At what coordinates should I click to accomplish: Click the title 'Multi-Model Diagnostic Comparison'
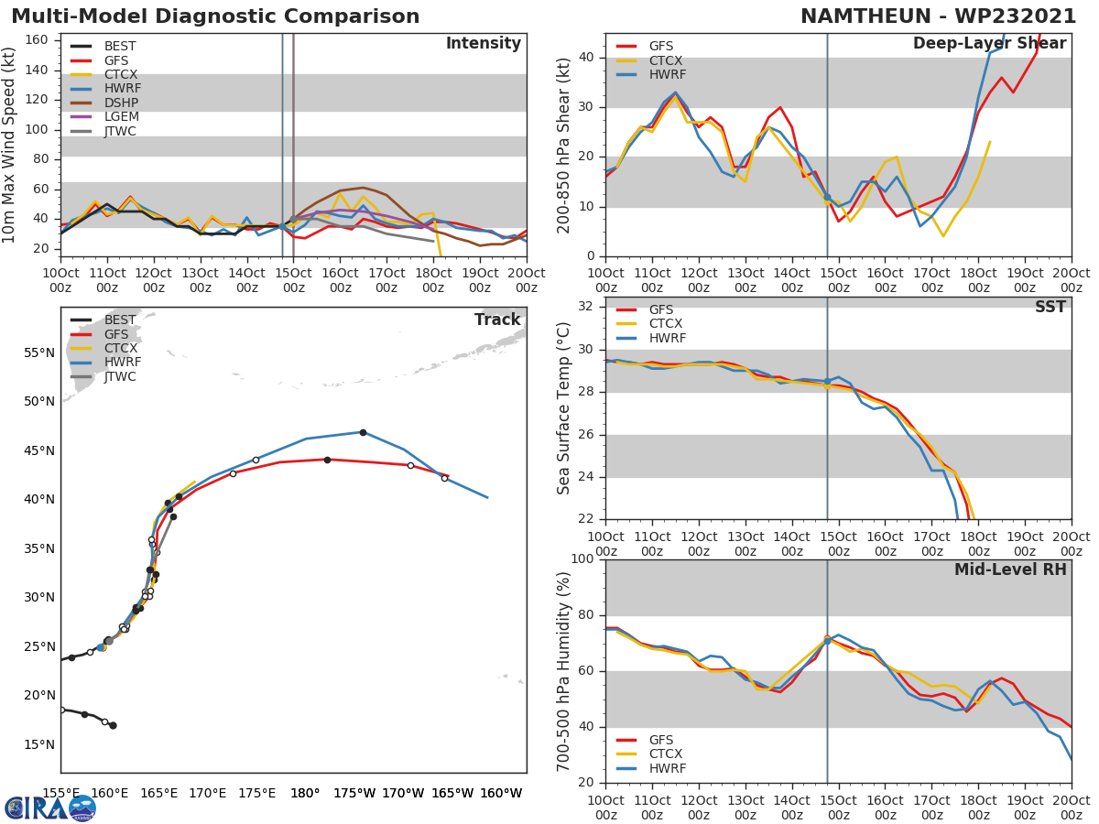[215, 16]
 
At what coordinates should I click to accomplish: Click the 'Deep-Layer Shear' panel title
[989, 44]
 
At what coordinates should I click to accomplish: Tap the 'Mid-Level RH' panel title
[1010, 569]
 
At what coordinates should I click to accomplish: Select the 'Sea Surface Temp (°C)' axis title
[564, 408]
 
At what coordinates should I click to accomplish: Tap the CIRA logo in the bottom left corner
[50, 808]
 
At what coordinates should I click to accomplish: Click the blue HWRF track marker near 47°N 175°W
[363, 432]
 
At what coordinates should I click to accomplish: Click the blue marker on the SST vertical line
[827, 381]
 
